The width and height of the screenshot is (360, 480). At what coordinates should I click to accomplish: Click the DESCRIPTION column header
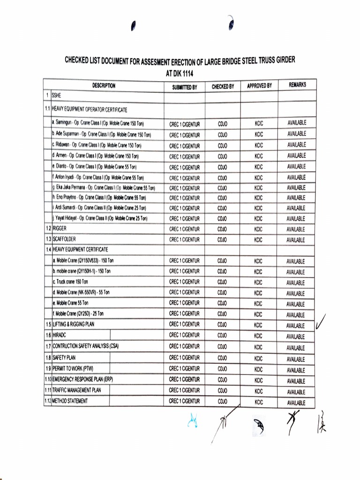tap(104, 86)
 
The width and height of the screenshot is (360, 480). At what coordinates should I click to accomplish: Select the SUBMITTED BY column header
tap(184, 87)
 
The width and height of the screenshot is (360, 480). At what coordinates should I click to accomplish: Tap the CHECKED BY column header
tap(223, 87)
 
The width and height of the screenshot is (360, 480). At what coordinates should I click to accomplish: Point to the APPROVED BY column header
tap(259, 86)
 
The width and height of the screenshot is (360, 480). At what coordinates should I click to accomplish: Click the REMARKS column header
tap(297, 85)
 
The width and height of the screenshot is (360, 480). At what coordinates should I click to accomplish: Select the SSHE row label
tap(56, 94)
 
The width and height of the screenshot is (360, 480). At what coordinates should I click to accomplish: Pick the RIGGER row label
tap(60, 228)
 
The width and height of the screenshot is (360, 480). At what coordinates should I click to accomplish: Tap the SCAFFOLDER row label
tap(64, 239)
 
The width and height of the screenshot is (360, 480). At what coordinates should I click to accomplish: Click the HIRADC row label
tap(60, 336)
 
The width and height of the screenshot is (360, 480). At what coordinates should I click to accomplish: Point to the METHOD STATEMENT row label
tap(70, 401)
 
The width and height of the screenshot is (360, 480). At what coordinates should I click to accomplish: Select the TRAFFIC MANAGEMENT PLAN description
tap(76, 390)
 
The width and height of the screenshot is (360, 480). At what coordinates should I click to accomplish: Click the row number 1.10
tap(47, 379)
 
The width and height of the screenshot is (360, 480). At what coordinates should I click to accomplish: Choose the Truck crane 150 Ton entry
tap(70, 282)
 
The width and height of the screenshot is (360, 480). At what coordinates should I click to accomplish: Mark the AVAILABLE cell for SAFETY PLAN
tap(296, 359)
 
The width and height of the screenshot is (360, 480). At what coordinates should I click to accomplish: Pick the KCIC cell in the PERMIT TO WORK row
tap(259, 369)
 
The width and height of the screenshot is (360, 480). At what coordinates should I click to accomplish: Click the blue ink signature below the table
tap(192, 421)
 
